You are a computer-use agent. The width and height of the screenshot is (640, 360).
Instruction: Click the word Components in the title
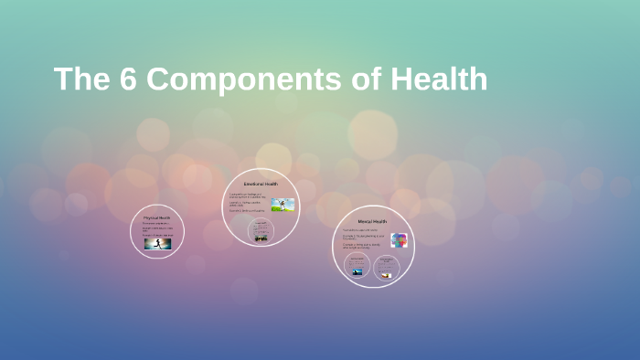[243, 79]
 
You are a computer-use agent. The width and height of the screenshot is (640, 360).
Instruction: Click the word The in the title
[81, 79]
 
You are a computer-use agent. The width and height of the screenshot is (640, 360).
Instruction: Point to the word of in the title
[365, 79]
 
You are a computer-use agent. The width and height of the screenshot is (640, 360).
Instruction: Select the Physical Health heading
[156, 217]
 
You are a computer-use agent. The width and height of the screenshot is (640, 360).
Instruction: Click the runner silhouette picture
[156, 244]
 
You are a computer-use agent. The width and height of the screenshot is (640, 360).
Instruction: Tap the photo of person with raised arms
[282, 206]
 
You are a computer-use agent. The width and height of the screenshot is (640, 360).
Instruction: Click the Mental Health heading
[372, 221]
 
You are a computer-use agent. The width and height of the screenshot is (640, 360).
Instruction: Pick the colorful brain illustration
[398, 240]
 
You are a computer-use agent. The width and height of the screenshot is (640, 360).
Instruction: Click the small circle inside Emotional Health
[261, 232]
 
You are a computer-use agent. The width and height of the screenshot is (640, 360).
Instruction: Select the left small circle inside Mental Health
[357, 267]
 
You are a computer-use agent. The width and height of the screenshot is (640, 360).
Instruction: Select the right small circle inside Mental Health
[386, 267]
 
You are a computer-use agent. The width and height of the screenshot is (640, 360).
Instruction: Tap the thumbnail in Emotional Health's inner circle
[261, 238]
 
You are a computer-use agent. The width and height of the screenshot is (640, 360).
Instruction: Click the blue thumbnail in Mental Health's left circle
[357, 272]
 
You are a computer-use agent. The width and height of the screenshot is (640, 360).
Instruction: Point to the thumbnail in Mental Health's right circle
[386, 273]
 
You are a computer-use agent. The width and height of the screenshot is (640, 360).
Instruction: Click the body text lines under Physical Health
[155, 228]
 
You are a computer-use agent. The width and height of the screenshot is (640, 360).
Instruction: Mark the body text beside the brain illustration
[364, 239]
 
